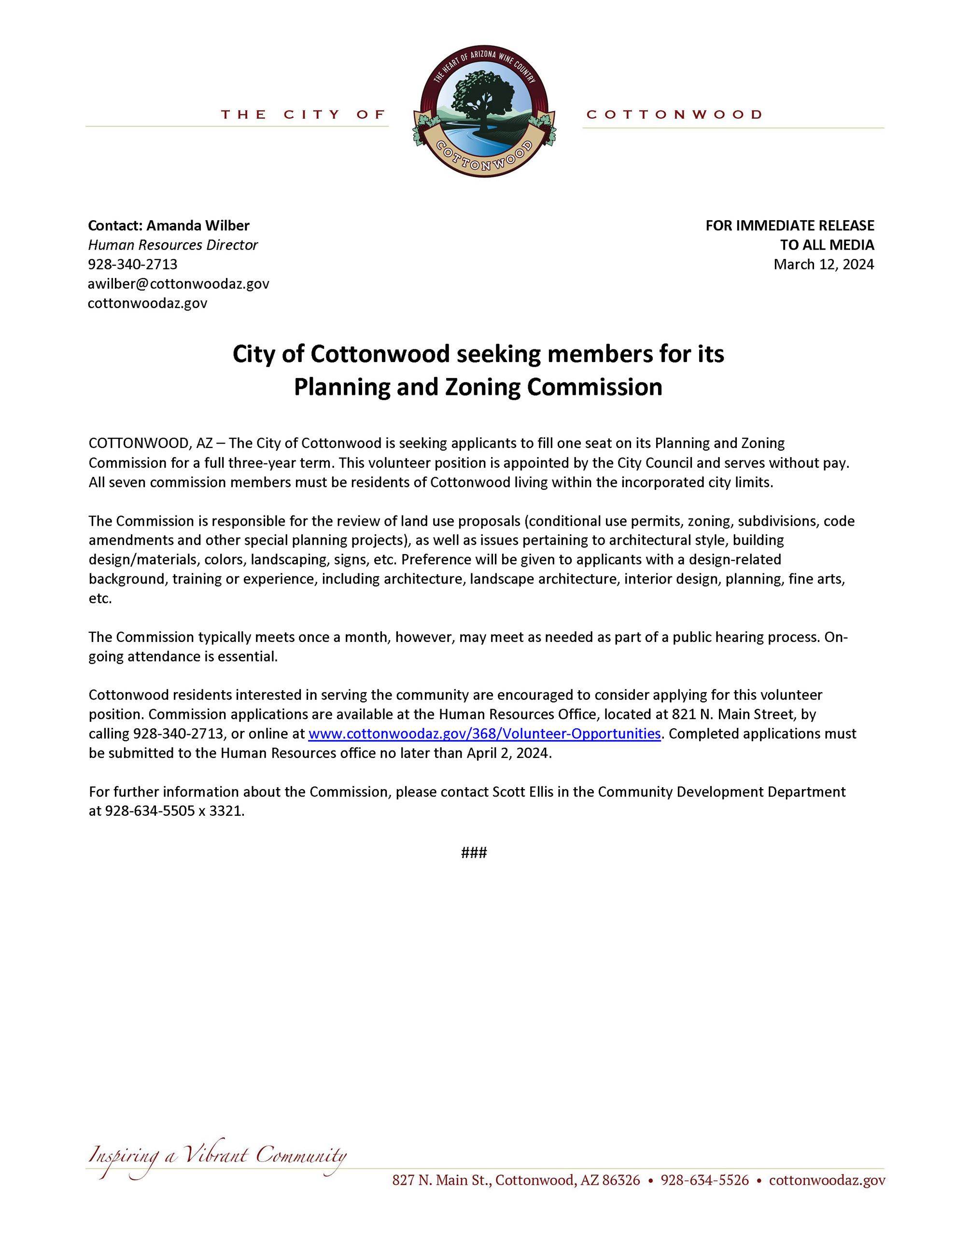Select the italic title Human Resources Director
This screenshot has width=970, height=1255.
coord(172,245)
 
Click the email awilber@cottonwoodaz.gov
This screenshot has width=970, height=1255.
coord(178,284)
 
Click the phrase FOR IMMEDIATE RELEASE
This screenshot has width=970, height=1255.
coord(789,225)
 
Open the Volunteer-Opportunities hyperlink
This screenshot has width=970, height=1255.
coord(484,734)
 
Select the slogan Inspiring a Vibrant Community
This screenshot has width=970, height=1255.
coord(217,1156)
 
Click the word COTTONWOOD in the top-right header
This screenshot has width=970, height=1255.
coord(674,115)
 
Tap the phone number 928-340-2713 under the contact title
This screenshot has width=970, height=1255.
coord(133,265)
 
